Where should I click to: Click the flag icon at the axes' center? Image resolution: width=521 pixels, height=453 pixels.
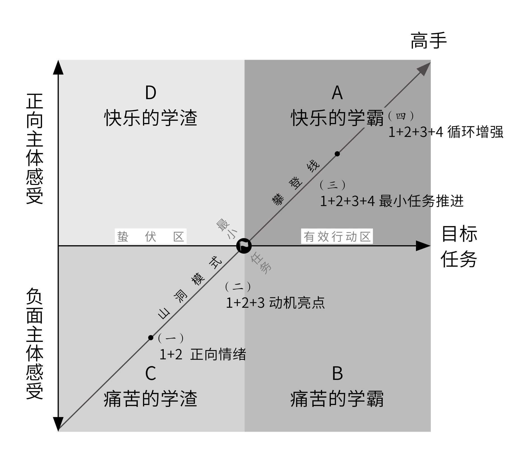pyautogui.click(x=244, y=246)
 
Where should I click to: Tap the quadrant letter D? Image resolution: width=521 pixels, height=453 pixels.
pyautogui.click(x=151, y=93)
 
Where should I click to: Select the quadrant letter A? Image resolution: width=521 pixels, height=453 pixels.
pyautogui.click(x=337, y=93)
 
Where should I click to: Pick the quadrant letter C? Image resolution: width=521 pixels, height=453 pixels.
pyautogui.click(x=151, y=373)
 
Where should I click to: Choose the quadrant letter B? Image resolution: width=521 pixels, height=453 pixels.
pyautogui.click(x=337, y=374)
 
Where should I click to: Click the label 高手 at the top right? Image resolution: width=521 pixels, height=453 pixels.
pyautogui.click(x=429, y=41)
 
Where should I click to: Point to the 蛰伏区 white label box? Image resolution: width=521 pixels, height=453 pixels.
pyautogui.click(x=151, y=237)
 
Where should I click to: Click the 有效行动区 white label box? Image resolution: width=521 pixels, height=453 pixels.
pyautogui.click(x=337, y=237)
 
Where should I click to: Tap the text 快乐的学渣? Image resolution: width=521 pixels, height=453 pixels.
pyautogui.click(x=151, y=118)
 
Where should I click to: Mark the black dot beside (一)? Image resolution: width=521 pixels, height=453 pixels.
pyautogui.click(x=151, y=338)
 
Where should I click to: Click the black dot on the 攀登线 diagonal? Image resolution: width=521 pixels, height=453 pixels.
pyautogui.click(x=337, y=154)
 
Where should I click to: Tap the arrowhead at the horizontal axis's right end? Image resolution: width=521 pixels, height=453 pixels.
pyautogui.click(x=423, y=246)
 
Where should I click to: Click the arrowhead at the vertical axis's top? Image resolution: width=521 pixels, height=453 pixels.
pyautogui.click(x=58, y=68)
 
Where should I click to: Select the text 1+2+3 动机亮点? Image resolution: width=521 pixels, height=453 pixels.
pyautogui.click(x=275, y=303)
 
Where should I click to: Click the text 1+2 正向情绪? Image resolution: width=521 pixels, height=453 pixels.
pyautogui.click(x=203, y=355)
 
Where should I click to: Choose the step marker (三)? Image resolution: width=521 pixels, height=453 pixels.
pyautogui.click(x=332, y=185)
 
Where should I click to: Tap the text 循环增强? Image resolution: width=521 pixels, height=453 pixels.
pyautogui.click(x=475, y=132)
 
